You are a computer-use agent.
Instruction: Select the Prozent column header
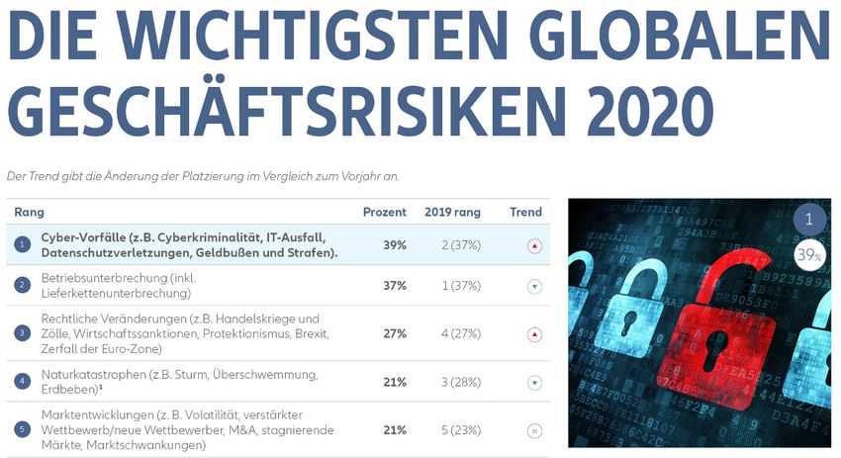(385, 212)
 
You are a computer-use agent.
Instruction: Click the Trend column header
(525, 212)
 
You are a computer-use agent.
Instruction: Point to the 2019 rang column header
(452, 212)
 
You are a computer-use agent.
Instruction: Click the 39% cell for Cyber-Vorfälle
(395, 244)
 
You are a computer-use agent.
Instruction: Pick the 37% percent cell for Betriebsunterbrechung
(395, 286)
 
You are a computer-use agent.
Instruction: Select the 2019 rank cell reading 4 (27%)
(452, 333)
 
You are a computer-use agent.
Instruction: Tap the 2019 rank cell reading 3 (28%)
(452, 382)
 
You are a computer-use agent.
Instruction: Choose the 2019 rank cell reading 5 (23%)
(452, 430)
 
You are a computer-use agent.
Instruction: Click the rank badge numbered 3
(23, 333)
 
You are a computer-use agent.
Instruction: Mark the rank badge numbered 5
(23, 430)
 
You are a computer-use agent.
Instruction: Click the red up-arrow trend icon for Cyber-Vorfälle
(534, 245)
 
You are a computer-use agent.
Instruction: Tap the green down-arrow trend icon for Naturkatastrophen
(534, 383)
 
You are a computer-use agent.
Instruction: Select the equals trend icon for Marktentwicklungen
(534, 430)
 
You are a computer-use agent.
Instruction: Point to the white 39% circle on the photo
(809, 257)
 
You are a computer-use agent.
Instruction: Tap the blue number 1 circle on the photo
(809, 220)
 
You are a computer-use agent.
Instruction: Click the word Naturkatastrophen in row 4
(92, 374)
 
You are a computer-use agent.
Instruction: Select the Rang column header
(29, 212)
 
